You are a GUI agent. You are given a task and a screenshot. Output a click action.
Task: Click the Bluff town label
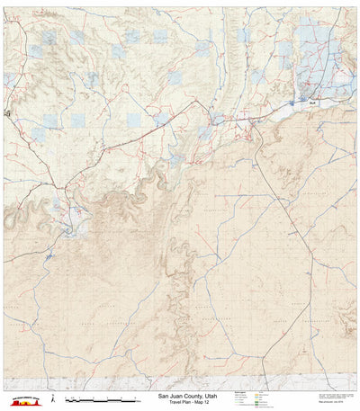point(311,105)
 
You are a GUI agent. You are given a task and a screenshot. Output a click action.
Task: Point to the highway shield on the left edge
point(6,114)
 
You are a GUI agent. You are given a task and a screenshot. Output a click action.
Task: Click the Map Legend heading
point(238,391)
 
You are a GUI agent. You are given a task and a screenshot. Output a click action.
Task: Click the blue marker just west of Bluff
point(292,103)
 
